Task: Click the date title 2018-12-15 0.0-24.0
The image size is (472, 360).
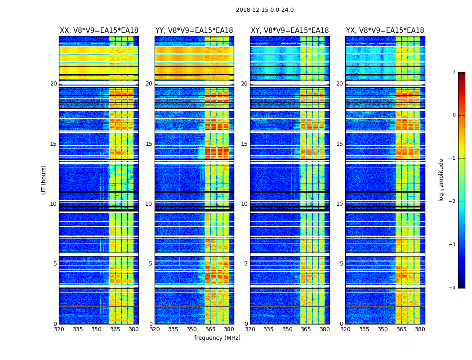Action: tap(265, 10)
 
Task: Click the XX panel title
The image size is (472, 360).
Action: tap(99, 31)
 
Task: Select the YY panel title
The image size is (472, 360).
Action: tap(194, 31)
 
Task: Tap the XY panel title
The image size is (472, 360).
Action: tap(289, 31)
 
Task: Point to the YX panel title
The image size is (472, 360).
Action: tap(385, 31)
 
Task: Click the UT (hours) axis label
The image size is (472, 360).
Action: tap(44, 180)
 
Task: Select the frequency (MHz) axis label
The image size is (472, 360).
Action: tap(217, 338)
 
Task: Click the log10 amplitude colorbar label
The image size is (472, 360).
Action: tap(441, 180)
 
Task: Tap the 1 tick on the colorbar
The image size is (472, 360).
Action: tap(454, 72)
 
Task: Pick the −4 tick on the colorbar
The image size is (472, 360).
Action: tap(453, 288)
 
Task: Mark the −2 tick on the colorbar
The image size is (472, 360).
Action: tap(453, 202)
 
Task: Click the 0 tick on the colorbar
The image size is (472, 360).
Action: tap(454, 115)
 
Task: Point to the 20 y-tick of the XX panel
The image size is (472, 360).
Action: tap(53, 84)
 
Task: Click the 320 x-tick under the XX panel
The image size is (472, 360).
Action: tap(59, 329)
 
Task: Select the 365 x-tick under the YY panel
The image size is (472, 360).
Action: tap(210, 329)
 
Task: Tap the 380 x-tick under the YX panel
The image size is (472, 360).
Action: tap(420, 329)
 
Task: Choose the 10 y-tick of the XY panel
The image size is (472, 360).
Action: tap(244, 204)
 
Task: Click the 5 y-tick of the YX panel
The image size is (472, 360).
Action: tap(341, 264)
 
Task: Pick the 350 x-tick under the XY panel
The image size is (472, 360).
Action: tap(287, 329)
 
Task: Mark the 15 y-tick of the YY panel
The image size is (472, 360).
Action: tap(149, 144)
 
